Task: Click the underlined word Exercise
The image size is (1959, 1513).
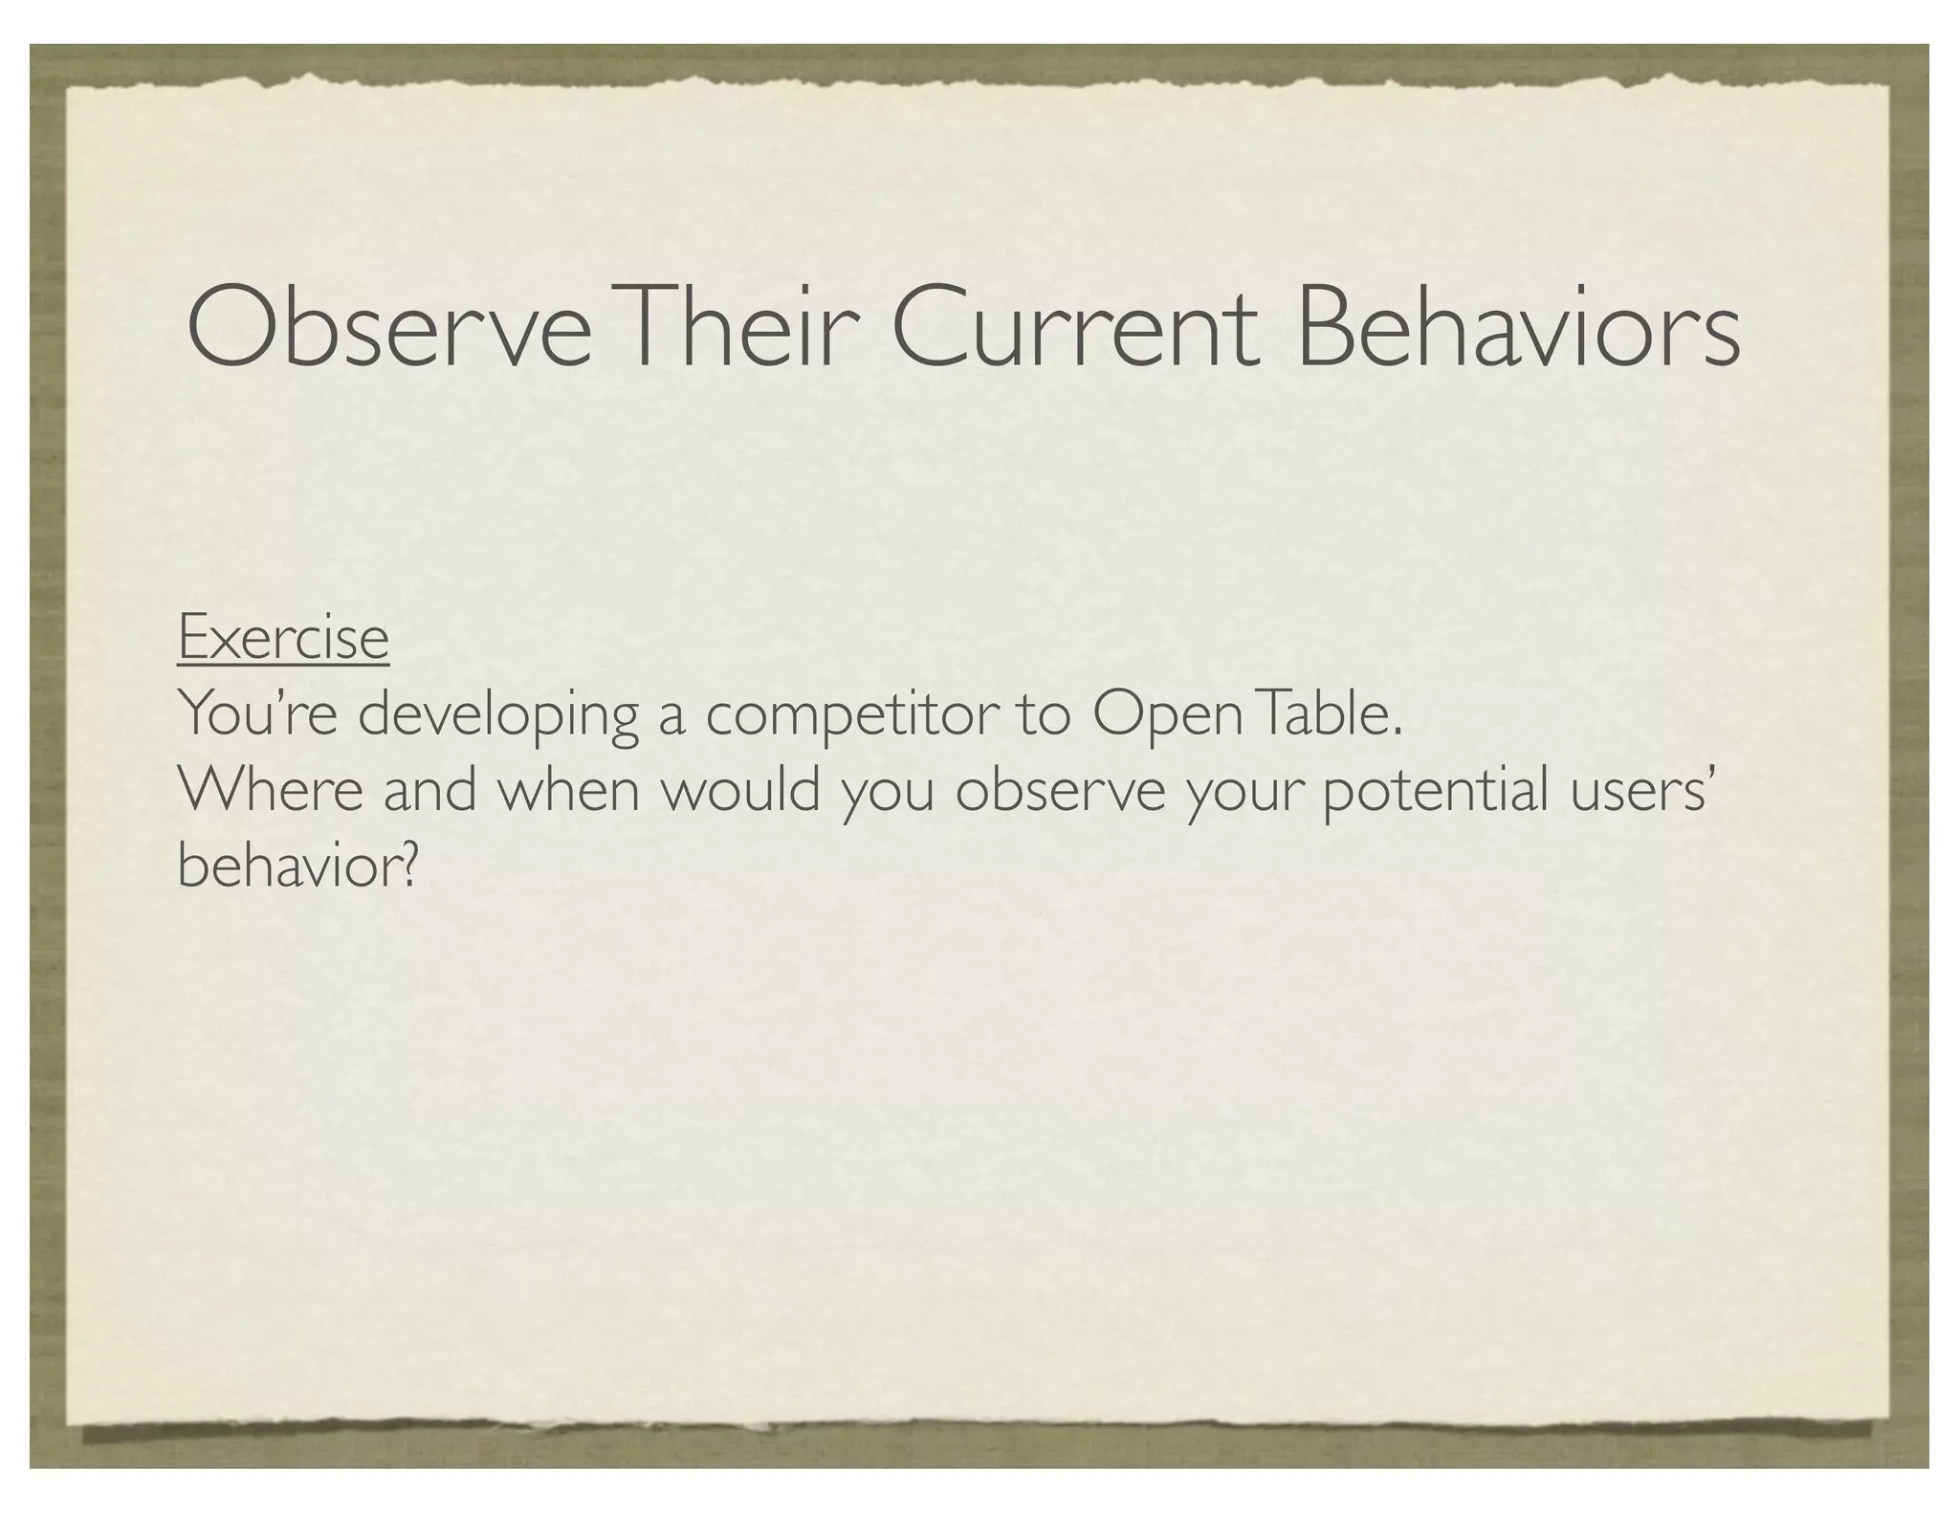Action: click(x=283, y=638)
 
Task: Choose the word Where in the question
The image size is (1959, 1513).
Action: click(x=271, y=791)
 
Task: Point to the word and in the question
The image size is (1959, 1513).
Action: click(x=429, y=791)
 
